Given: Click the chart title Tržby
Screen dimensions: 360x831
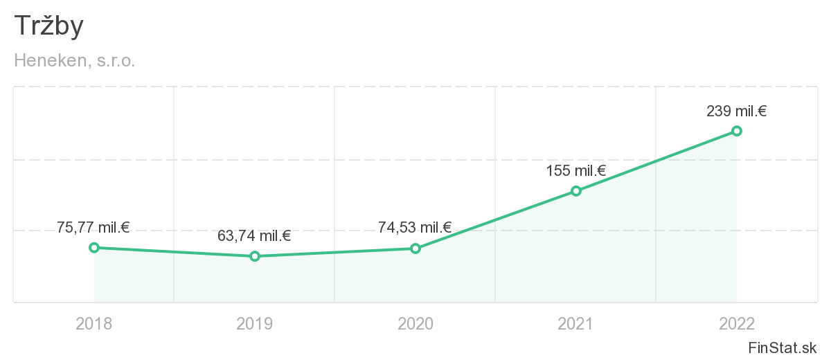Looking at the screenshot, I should pyautogui.click(x=48, y=26).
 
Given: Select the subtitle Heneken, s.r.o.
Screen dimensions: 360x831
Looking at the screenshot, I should pyautogui.click(x=75, y=61).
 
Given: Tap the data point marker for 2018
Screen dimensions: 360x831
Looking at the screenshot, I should pyautogui.click(x=94, y=247).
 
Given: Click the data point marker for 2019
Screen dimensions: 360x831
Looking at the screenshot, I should pyautogui.click(x=255, y=256).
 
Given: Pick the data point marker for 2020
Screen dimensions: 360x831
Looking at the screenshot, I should pyautogui.click(x=415, y=248).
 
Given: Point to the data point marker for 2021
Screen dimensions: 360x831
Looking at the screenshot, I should pyautogui.click(x=576, y=190).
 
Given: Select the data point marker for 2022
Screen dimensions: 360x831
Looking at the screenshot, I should pyautogui.click(x=737, y=131).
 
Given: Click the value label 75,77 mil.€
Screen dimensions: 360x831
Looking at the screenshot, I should pyautogui.click(x=93, y=227).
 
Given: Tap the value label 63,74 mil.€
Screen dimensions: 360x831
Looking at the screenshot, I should pyautogui.click(x=254, y=236).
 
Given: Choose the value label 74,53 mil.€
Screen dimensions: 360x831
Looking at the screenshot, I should pyautogui.click(x=415, y=227).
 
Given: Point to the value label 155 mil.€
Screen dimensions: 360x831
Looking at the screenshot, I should pyautogui.click(x=575, y=170).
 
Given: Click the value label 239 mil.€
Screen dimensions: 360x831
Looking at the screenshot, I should pyautogui.click(x=736, y=111).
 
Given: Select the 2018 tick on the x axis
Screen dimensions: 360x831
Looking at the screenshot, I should pyautogui.click(x=94, y=323).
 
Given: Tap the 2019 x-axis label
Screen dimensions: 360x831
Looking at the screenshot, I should pyautogui.click(x=255, y=323).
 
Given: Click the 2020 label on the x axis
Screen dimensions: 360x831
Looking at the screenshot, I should pyautogui.click(x=415, y=323).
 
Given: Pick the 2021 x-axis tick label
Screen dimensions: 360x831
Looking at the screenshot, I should pyautogui.click(x=576, y=323).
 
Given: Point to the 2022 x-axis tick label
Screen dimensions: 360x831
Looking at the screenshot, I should pyautogui.click(x=737, y=323).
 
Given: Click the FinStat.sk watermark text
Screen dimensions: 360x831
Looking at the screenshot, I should pyautogui.click(x=782, y=347).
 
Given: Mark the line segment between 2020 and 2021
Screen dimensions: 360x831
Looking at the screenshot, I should pyautogui.click(x=496, y=219).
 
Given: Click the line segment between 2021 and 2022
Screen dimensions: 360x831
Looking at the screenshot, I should pyautogui.click(x=656, y=161).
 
